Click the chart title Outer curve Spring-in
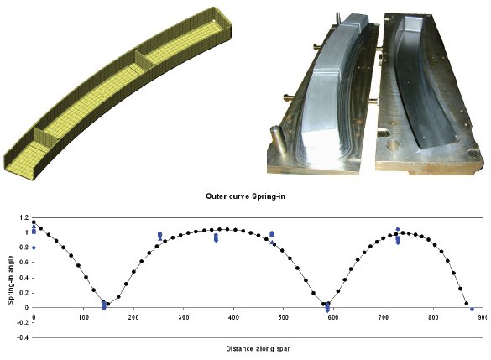tap(245, 196)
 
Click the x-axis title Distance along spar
tap(258, 349)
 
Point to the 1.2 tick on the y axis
tap(24, 217)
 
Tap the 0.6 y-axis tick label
tap(24, 263)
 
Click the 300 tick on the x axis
tap(184, 317)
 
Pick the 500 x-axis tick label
tap(283, 317)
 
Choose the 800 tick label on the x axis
tap(433, 317)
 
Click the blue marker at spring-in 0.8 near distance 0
tap(34, 248)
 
